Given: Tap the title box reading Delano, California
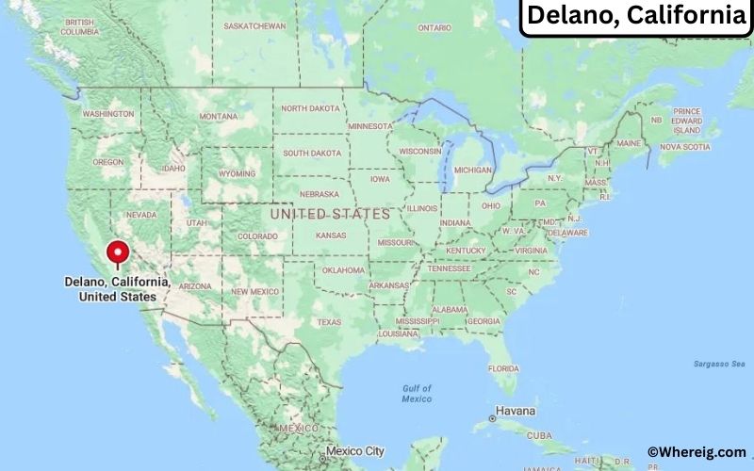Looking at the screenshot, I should (634, 16).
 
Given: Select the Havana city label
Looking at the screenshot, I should (516, 412).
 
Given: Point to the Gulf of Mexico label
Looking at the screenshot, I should (416, 394).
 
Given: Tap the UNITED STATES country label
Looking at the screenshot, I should (329, 215).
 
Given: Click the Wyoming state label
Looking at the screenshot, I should (237, 173).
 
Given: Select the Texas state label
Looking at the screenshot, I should (329, 322).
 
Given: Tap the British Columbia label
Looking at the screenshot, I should (79, 26).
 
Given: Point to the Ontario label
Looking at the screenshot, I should (435, 28).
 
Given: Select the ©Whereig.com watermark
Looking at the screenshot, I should (696, 452).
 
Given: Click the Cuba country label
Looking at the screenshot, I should (538, 435).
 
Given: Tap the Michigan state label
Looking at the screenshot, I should (472, 170).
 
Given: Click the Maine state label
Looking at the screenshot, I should (631, 143).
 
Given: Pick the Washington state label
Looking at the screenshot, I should (107, 114).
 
